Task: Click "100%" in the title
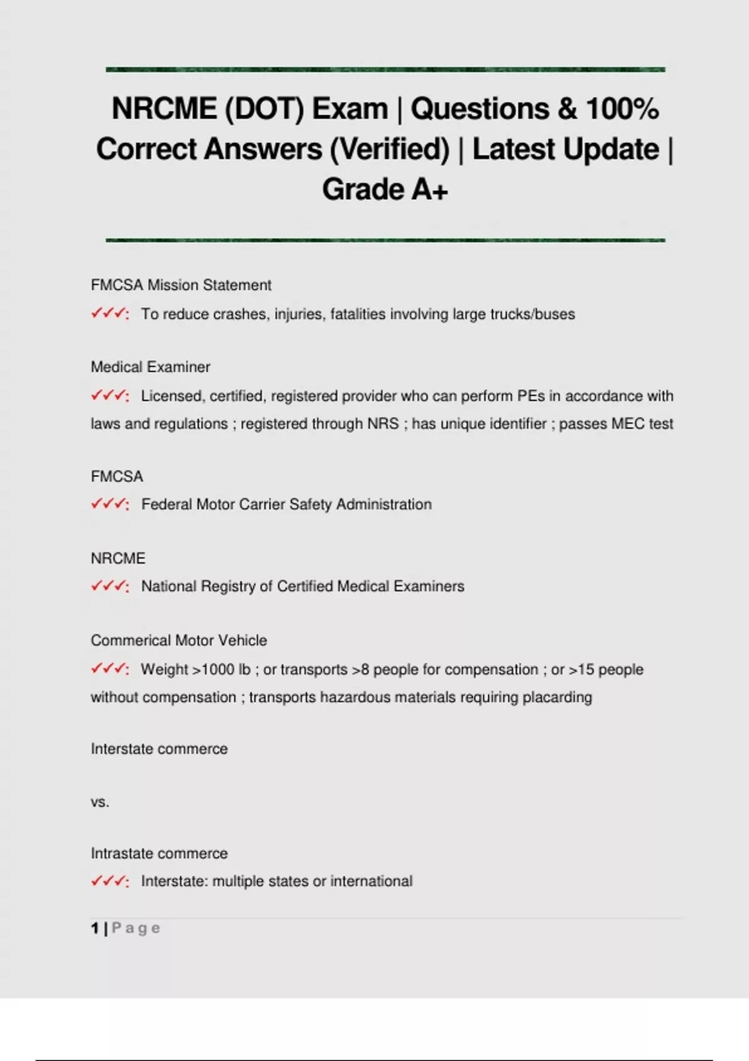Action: pyautogui.click(x=622, y=109)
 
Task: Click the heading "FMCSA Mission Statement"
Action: pyautogui.click(x=181, y=285)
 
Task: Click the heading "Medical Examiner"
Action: pyautogui.click(x=150, y=367)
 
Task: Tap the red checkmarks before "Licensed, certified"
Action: pyautogui.click(x=110, y=396)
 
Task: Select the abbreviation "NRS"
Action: pyautogui.click(x=383, y=424)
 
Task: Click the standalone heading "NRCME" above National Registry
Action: pyautogui.click(x=118, y=558)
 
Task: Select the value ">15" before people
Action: pyautogui.click(x=581, y=669)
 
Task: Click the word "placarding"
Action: pyautogui.click(x=557, y=697)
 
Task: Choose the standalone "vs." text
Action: pyautogui.click(x=100, y=802)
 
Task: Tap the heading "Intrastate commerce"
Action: pyautogui.click(x=159, y=853)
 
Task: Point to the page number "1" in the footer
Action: pyautogui.click(x=95, y=929)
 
